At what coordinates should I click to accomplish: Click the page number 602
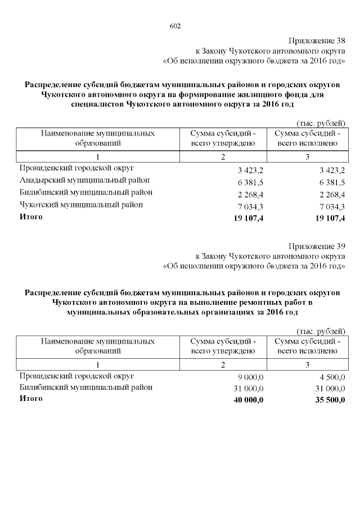point(174,26)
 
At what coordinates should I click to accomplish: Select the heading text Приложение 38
point(317,40)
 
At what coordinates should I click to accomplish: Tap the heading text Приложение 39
point(317,246)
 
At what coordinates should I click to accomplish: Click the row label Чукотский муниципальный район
point(81,205)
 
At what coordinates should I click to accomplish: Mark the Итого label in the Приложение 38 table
point(30,217)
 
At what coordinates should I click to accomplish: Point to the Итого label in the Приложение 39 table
point(30,399)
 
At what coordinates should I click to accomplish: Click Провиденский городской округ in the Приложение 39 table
point(77,376)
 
